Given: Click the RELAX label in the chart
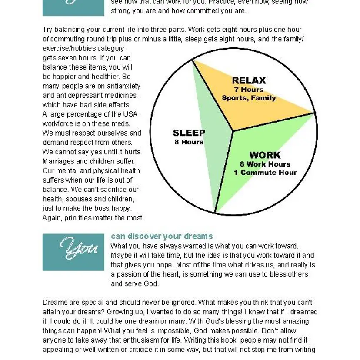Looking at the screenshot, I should [x=249, y=80].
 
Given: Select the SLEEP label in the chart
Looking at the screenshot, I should [x=189, y=133].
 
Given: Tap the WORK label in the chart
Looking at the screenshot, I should [x=265, y=155].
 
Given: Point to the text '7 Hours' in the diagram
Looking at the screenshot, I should [x=249, y=90].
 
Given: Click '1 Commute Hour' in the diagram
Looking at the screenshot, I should [x=265, y=173].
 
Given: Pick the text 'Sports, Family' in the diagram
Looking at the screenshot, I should [x=249, y=98].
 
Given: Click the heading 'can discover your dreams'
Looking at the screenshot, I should [x=162, y=237].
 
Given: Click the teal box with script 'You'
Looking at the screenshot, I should [x=73, y=252].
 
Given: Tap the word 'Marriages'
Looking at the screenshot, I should [x=58, y=161].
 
